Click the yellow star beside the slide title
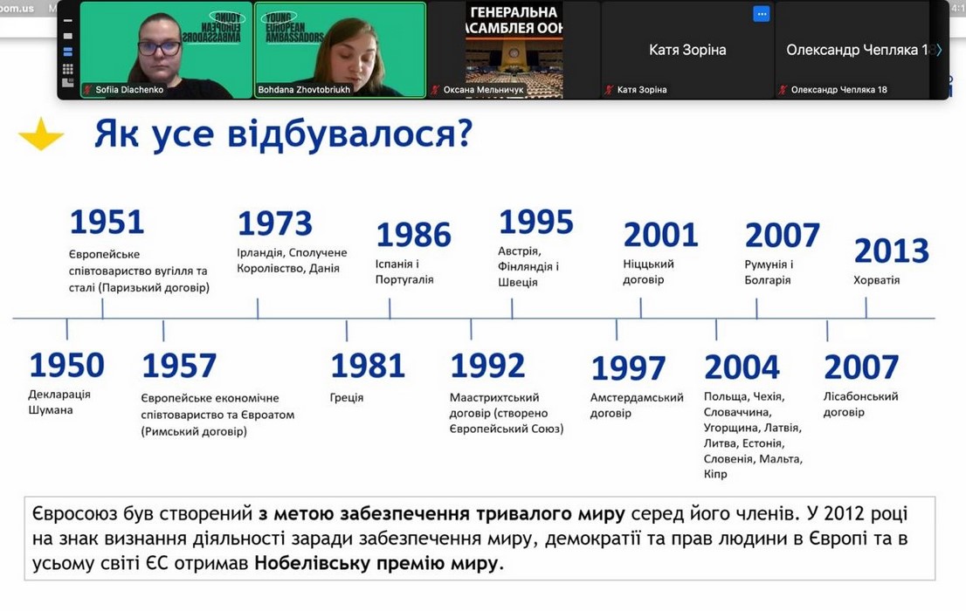coord(41,134)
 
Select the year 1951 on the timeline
coord(107,222)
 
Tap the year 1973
coord(275,223)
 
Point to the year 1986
coord(414,235)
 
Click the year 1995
coord(536,222)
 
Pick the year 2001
coord(660,235)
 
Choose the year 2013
coord(892,251)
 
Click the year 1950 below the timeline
coord(67,365)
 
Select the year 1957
coord(179,365)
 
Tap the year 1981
coord(368,365)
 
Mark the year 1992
coord(487,365)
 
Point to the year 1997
coord(628,368)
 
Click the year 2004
coord(742,367)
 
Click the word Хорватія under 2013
coord(877,280)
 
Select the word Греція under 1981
coord(347,398)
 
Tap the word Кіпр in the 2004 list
coord(715,474)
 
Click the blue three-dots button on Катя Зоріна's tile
coord(762,14)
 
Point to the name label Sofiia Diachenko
coord(129,89)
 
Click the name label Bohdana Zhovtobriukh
coord(304,89)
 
